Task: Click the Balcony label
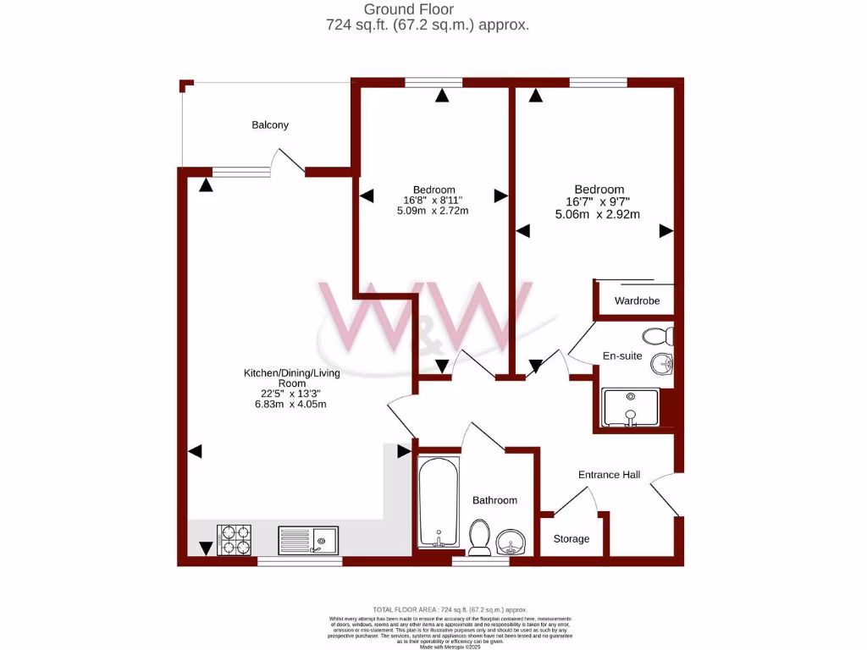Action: tap(270, 125)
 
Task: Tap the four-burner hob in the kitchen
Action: tap(234, 540)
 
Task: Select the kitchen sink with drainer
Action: tap(307, 539)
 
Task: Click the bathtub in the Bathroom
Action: tap(439, 503)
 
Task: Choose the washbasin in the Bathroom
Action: tap(511, 539)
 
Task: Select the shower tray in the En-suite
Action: tap(629, 407)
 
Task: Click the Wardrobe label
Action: tap(637, 300)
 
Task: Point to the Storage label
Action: tap(572, 539)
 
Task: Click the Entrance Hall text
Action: tap(609, 475)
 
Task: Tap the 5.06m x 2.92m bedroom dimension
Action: tap(597, 215)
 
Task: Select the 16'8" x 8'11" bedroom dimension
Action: tap(433, 201)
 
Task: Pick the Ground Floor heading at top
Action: tap(428, 9)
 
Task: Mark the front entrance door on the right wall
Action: tap(665, 495)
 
